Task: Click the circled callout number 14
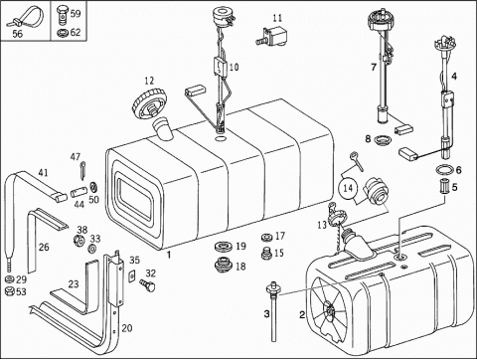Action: tap(348, 188)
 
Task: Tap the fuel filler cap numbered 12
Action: tap(150, 104)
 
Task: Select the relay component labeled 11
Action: tap(271, 36)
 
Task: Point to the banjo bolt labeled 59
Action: tap(62, 15)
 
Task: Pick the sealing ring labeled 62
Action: tap(62, 33)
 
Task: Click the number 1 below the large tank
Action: tap(169, 256)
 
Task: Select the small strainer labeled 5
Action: tap(443, 186)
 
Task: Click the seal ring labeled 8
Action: tap(382, 140)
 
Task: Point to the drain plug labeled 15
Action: tap(266, 254)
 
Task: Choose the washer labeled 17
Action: tap(266, 237)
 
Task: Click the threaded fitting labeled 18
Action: tap(224, 265)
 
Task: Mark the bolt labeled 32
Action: tap(148, 284)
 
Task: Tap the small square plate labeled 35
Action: tap(132, 275)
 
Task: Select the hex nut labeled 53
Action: tap(10, 292)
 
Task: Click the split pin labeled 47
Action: tap(81, 167)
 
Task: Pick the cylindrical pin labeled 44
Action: tap(79, 192)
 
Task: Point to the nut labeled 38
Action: tap(79, 240)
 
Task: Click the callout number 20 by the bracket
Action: tap(127, 328)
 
